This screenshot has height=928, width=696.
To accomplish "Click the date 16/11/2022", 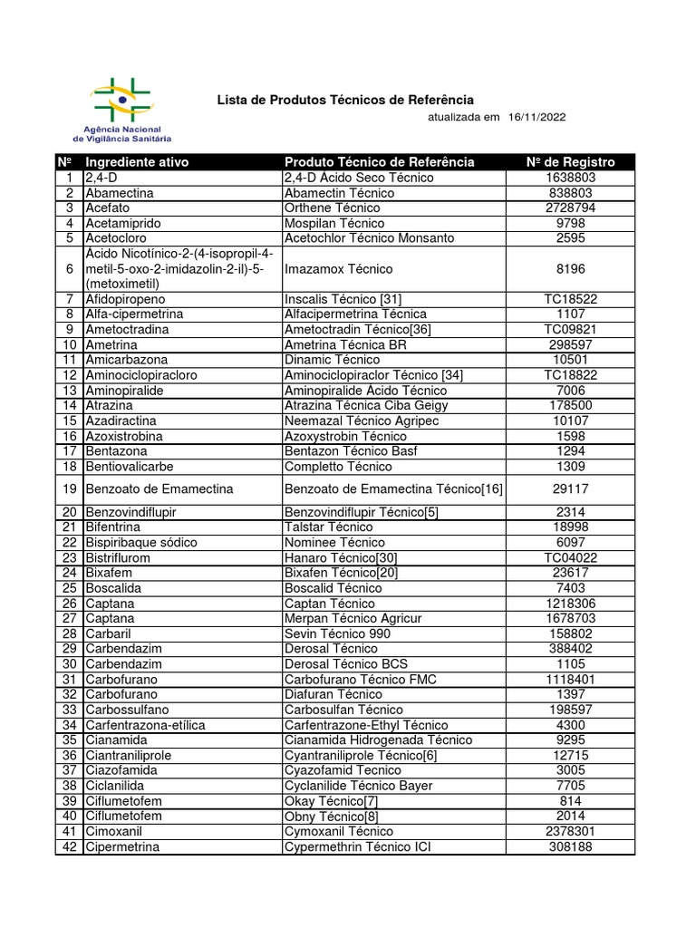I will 538,118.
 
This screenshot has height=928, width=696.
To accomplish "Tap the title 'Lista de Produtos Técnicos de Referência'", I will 344,100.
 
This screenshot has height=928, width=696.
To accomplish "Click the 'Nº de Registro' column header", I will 571,162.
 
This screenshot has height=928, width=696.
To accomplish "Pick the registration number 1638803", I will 571,178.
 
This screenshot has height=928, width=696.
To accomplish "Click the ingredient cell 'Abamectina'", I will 120,193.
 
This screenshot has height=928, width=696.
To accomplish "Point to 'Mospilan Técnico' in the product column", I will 334,223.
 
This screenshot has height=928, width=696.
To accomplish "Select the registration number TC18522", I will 571,298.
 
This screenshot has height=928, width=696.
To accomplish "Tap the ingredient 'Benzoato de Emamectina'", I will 159,489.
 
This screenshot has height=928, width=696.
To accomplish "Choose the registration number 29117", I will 571,489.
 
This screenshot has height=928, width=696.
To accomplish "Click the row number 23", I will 68,558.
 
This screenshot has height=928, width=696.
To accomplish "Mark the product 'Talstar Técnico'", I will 329,527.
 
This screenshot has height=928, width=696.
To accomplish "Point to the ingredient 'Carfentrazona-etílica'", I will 146,725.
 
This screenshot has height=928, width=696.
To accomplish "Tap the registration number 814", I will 571,801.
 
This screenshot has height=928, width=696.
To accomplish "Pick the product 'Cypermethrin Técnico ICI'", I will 359,846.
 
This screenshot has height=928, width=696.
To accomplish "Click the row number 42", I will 68,846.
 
